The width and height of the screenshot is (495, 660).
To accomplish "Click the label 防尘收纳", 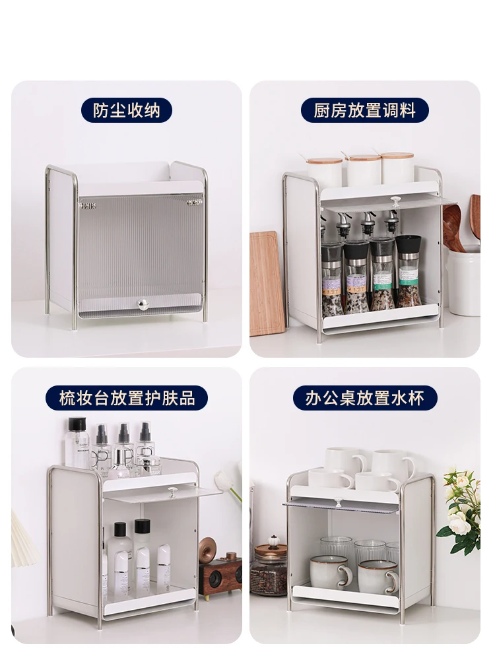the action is tap(126, 111).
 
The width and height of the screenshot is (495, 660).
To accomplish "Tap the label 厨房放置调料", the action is tap(364, 111).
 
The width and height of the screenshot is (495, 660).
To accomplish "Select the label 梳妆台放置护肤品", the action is tap(127, 398).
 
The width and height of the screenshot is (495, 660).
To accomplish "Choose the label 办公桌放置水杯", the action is tap(364, 398).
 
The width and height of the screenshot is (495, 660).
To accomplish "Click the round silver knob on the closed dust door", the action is tap(143, 304).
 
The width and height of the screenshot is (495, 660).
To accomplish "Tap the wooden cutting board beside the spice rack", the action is tap(263, 283).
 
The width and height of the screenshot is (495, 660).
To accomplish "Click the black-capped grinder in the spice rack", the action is tap(409, 271).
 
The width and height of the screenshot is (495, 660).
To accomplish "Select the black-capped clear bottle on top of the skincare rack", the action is tap(77, 443).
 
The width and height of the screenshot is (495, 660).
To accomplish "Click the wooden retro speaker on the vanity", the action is tap(220, 572).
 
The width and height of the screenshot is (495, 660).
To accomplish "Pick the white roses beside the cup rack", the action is tap(460, 510).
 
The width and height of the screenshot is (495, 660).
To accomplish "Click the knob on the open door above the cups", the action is tap(337, 502).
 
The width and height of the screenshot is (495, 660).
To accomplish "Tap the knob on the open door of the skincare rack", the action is tap(172, 491).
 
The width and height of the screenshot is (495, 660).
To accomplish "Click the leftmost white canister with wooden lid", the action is tap(323, 172).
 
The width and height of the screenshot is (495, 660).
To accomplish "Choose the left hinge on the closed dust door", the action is tap(88, 206).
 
